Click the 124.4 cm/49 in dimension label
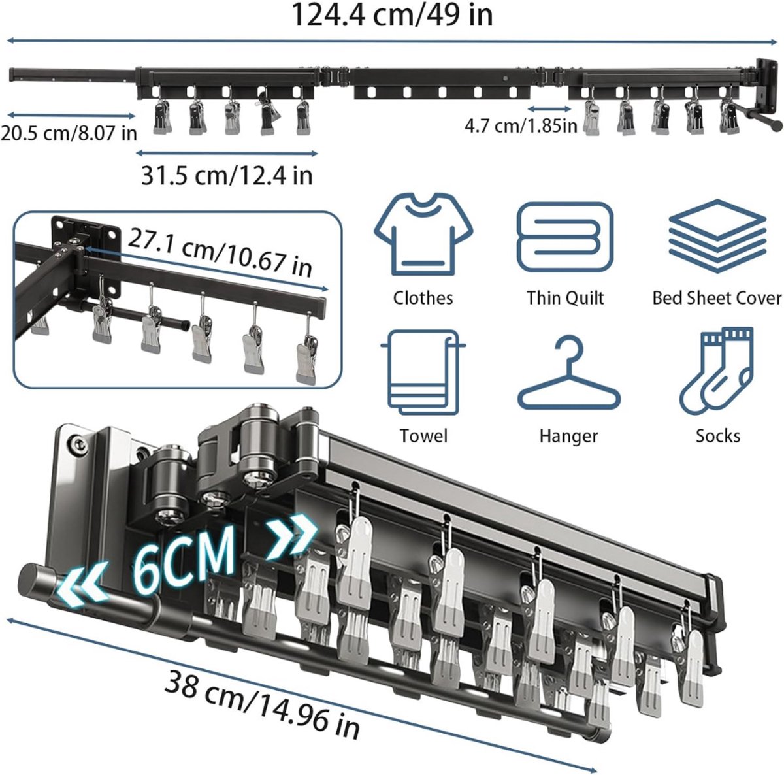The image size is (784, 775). [392, 16]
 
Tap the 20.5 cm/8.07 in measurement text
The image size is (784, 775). [69, 133]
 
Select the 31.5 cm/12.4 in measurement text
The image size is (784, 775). [227, 175]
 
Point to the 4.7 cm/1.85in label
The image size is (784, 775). [521, 125]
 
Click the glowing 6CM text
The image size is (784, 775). [185, 559]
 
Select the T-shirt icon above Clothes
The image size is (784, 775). [423, 235]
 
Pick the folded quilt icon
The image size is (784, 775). [565, 237]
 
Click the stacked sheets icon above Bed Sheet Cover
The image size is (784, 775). [717, 236]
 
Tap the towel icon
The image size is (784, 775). [423, 372]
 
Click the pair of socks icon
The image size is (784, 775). [717, 371]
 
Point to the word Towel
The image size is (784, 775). [423, 436]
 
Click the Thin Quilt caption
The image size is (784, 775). [565, 298]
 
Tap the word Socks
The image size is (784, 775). [717, 436]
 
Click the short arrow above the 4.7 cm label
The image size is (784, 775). [549, 108]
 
